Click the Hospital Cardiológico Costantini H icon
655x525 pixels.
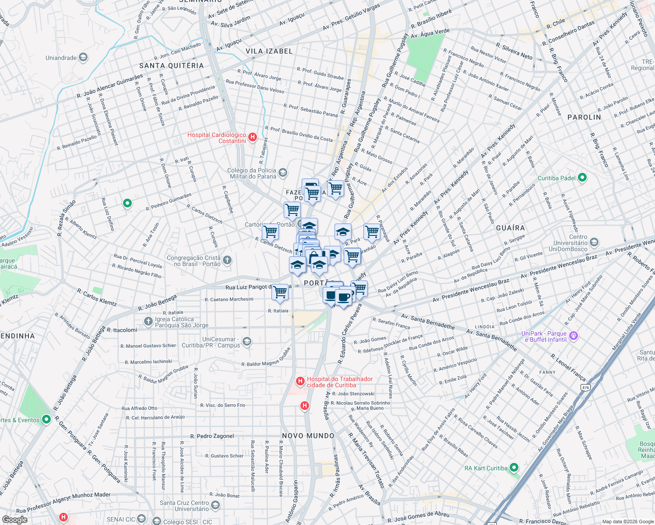[x=253, y=138]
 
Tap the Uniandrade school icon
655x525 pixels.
[x=83, y=58]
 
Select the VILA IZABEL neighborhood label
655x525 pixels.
[x=269, y=51]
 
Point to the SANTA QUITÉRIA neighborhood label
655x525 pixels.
[x=171, y=66]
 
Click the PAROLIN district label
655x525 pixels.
[x=584, y=117]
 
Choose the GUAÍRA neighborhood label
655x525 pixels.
[x=510, y=228]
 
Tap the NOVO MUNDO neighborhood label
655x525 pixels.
[x=308, y=436]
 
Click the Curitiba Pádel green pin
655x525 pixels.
[x=582, y=178]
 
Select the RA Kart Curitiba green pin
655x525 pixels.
[x=514, y=468]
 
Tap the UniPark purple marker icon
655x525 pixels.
[x=574, y=336]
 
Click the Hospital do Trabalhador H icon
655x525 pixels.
[x=300, y=381]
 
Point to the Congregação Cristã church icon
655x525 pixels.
[x=227, y=261]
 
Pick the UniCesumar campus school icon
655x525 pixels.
[x=247, y=342]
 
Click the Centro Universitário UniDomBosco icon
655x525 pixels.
[x=594, y=242]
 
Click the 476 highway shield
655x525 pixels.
[x=585, y=387]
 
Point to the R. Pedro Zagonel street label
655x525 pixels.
[x=212, y=436]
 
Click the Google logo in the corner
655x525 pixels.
[x=14, y=520]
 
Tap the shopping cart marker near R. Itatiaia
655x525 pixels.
[x=280, y=292]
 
